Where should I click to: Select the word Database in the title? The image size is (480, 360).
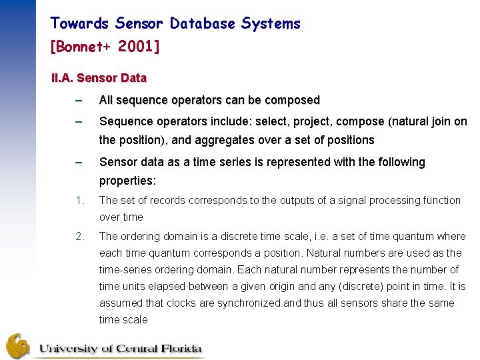pos(202,24)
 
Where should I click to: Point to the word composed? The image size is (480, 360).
pos(292,100)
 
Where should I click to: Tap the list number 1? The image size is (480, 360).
pos(79,200)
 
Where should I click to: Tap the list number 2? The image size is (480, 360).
pos(79,236)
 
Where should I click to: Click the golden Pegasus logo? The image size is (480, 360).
pos(17,345)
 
